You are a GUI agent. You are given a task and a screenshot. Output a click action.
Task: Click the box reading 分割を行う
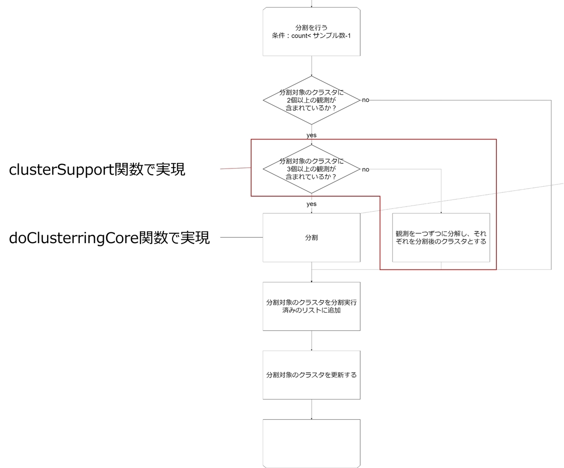point(312,31)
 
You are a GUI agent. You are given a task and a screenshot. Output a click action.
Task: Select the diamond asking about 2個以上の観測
point(312,100)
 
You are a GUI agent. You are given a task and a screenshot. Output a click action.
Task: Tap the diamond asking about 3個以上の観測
point(312,169)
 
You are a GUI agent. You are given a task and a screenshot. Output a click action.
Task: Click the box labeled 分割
point(312,238)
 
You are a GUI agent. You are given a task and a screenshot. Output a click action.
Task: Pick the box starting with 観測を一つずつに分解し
point(441,238)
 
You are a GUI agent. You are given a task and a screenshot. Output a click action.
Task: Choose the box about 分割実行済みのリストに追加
point(312,306)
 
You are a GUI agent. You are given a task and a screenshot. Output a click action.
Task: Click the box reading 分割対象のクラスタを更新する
point(312,375)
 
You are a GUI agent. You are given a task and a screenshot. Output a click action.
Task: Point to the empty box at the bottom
point(312,443)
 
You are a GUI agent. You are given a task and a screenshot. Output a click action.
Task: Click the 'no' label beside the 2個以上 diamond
point(366,100)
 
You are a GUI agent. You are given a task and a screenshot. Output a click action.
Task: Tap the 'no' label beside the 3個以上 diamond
point(366,169)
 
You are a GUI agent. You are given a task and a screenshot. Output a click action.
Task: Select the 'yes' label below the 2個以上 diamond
point(312,135)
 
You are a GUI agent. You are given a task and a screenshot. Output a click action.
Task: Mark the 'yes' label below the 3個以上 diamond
point(312,204)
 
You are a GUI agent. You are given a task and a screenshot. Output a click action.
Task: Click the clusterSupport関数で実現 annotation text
point(97,169)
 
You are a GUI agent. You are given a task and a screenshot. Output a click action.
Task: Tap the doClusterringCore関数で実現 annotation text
point(109,238)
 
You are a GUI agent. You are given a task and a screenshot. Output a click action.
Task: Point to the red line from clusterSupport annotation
point(235,168)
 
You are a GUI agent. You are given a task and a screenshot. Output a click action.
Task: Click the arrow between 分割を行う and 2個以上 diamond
point(312,66)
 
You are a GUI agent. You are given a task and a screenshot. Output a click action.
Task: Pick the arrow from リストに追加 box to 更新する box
point(312,340)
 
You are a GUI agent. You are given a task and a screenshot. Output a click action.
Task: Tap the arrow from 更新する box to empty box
point(312,409)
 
